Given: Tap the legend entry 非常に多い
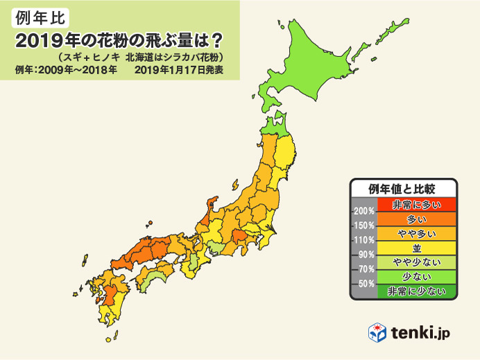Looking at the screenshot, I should click(x=417, y=204).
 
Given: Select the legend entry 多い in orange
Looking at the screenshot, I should click(x=417, y=218).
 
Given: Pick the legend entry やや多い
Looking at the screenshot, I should click(x=417, y=233).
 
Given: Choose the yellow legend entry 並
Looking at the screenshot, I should click(x=417, y=248).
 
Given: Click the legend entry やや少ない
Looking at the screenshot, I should click(x=417, y=262).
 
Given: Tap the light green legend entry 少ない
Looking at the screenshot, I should click(x=417, y=277).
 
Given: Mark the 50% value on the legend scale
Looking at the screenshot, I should click(x=366, y=284).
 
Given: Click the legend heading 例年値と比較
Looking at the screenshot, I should click(x=403, y=188).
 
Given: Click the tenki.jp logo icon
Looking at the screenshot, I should click(x=377, y=332).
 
